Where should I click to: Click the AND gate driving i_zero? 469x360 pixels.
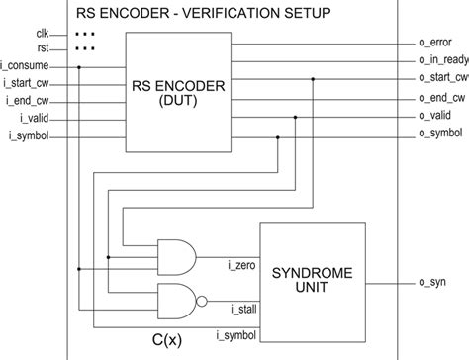tap(179, 256)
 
